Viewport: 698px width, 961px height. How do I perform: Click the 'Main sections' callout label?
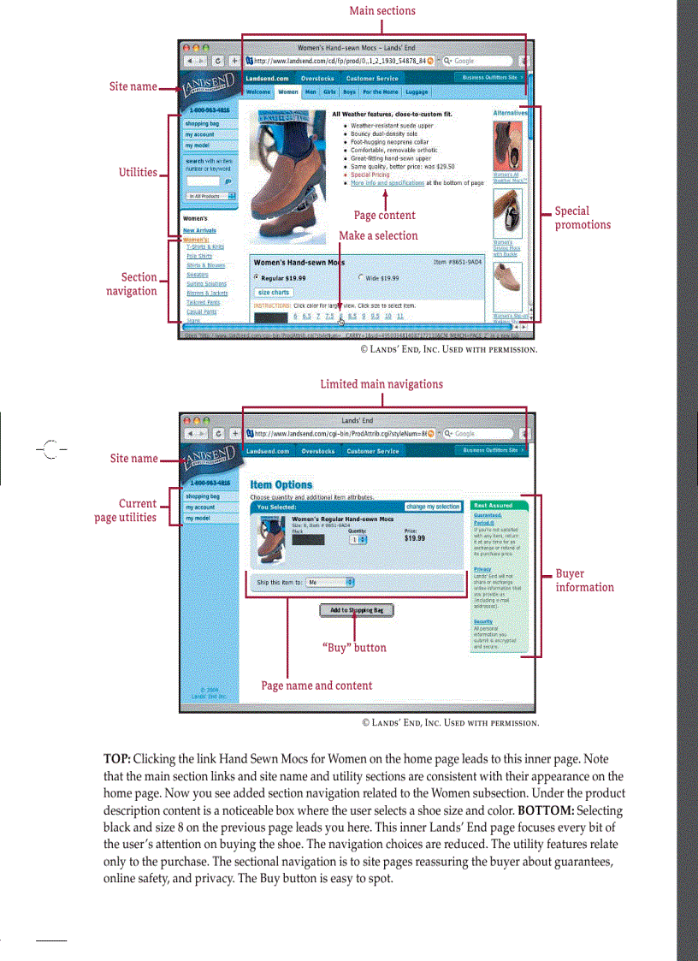(x=382, y=11)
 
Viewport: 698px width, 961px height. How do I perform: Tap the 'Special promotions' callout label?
(x=583, y=217)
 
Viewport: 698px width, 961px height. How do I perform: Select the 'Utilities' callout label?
(x=138, y=172)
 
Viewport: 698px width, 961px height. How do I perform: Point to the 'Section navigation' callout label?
(x=132, y=284)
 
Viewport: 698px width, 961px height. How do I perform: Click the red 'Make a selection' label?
(x=378, y=235)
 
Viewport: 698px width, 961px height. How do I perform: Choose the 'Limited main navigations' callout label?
(x=382, y=384)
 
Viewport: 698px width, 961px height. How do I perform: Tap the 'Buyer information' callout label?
(x=584, y=580)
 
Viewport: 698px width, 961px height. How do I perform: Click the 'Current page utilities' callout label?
(x=126, y=510)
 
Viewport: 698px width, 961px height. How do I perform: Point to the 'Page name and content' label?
(x=316, y=685)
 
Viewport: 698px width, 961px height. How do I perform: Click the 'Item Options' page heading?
(x=281, y=484)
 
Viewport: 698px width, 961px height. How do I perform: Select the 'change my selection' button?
(x=433, y=507)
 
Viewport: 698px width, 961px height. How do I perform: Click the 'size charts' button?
(x=274, y=292)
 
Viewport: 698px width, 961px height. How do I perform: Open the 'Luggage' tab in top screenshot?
(x=417, y=91)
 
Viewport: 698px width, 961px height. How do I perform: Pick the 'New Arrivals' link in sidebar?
(x=199, y=230)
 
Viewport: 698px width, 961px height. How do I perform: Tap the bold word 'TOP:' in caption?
(x=117, y=759)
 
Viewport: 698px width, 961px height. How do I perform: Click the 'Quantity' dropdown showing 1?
(x=358, y=539)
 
